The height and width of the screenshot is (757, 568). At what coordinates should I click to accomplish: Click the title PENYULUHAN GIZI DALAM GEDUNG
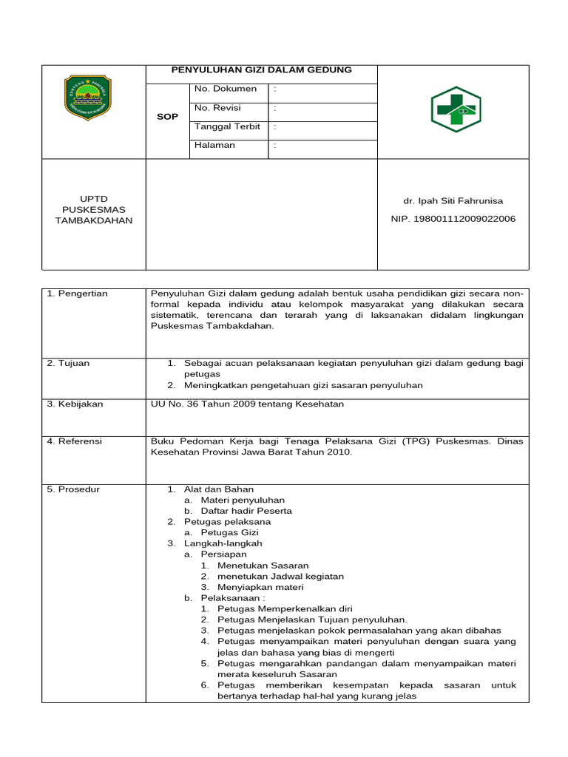click(x=261, y=70)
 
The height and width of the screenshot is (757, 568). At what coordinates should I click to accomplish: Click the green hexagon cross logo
click(x=456, y=109)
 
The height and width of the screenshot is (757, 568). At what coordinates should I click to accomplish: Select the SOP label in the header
click(x=168, y=117)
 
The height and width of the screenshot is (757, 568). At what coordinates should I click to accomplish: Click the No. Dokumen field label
click(x=226, y=89)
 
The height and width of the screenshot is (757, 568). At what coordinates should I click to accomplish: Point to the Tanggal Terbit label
click(x=227, y=126)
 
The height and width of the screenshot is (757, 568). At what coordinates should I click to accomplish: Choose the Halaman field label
click(x=214, y=145)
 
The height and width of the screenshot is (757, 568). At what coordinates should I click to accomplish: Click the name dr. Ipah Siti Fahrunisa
click(x=453, y=200)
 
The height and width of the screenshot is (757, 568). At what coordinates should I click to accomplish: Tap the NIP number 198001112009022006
click(x=453, y=219)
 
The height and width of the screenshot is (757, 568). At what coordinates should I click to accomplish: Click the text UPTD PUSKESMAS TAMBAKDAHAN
click(x=94, y=210)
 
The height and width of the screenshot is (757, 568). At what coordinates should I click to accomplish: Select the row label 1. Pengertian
click(x=77, y=293)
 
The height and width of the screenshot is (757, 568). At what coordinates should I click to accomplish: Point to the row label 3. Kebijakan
click(x=75, y=404)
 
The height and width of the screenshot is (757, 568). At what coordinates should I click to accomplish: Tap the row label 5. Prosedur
click(x=73, y=489)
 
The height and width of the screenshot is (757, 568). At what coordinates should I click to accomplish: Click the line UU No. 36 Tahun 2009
click(x=247, y=404)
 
